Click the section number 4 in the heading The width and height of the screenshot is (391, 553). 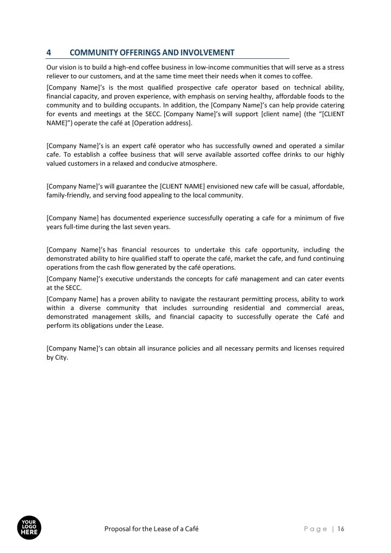[x=49, y=52]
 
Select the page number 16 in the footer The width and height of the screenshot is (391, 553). [x=341, y=529]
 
